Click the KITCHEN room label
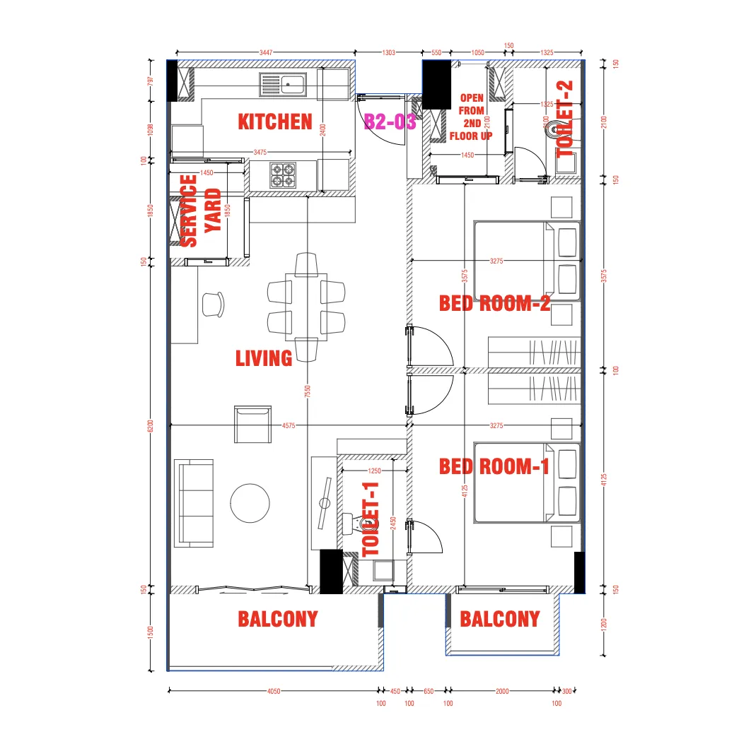274,122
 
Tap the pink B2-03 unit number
390,122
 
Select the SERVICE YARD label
200,211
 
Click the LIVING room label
264,358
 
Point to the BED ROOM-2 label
494,304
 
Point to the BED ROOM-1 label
494,466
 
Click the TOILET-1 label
371,519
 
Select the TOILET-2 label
566,118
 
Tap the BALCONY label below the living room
278,620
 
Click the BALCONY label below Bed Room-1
500,620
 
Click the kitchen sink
282,85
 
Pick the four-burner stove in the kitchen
283,175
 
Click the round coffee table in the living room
250,503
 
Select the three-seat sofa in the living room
194,503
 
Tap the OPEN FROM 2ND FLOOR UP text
472,117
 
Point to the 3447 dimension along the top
265,52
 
